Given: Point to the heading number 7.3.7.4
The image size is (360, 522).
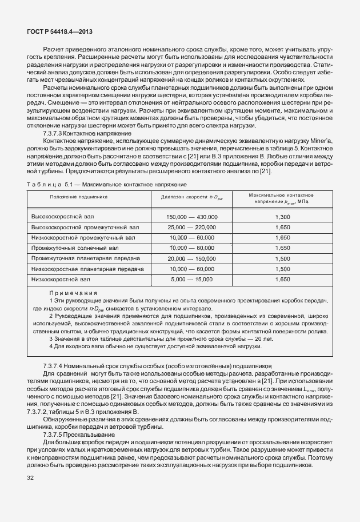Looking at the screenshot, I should point(53,365).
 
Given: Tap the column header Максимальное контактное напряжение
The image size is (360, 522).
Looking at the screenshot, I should point(282,199).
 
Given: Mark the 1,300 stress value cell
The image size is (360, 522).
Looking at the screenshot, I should point(282,217).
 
